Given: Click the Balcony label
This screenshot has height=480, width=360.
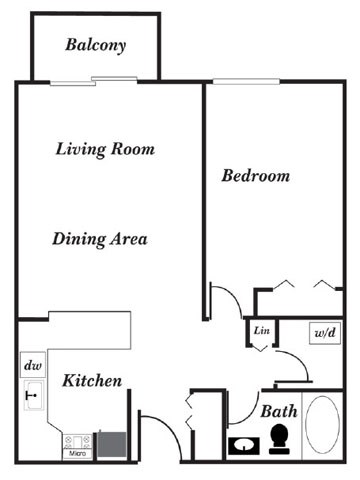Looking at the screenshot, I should pyautogui.click(x=96, y=44).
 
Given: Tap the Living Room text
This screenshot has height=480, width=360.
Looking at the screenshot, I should pyautogui.click(x=105, y=150).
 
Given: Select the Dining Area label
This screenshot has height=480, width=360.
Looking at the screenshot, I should pyautogui.click(x=100, y=239).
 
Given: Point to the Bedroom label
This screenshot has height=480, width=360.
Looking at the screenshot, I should pyautogui.click(x=255, y=176).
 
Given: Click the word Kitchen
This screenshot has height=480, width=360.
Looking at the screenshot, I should pyautogui.click(x=92, y=381).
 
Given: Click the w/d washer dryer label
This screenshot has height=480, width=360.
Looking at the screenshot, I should pyautogui.click(x=323, y=332).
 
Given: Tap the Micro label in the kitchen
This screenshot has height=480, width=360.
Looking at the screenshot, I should pyautogui.click(x=76, y=454).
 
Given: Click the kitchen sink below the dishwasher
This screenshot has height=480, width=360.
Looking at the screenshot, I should pyautogui.click(x=30, y=395).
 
